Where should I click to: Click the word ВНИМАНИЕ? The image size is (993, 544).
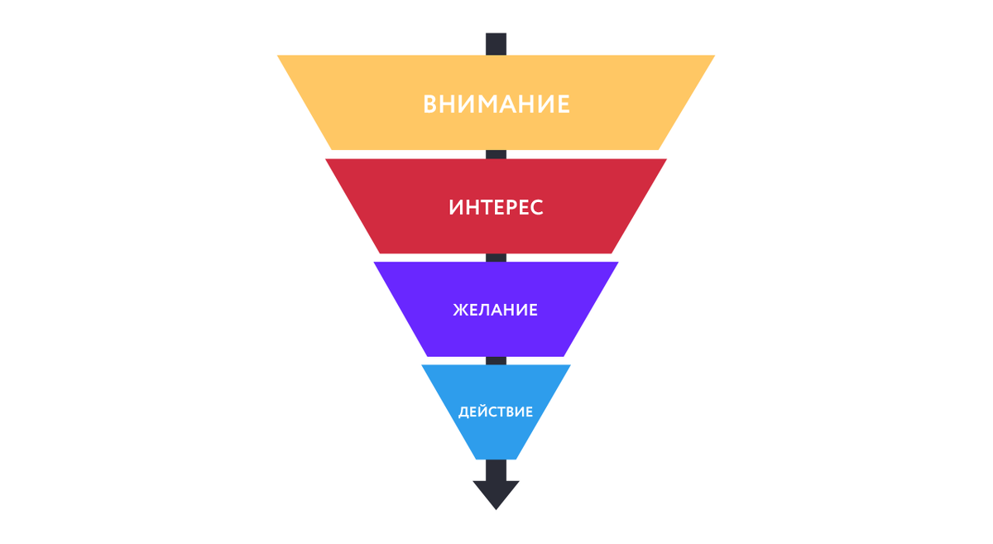[x=496, y=104]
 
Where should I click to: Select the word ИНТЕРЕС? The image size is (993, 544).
[x=496, y=207]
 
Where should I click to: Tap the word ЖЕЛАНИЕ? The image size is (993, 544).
[x=496, y=311]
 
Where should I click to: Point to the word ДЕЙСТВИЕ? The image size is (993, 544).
[x=496, y=412]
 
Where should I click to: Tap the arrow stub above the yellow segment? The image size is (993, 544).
[x=496, y=43]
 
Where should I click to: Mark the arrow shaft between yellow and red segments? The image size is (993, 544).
[x=496, y=154]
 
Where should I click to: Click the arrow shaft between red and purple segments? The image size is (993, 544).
[x=496, y=258]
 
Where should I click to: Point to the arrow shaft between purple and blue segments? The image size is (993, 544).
[x=496, y=360]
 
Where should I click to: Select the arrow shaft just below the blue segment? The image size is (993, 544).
[x=496, y=469]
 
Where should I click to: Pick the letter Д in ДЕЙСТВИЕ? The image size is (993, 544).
[x=463, y=412]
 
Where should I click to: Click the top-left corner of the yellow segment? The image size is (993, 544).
[x=280, y=56]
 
